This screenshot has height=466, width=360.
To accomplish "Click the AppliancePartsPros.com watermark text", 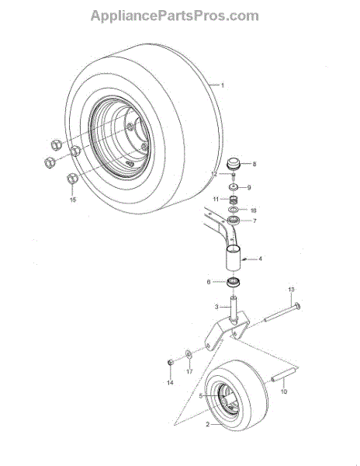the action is (x=175, y=16).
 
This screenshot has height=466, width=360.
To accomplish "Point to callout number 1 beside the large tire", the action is (x=223, y=85).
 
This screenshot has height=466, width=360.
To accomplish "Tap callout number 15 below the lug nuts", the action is (x=73, y=200).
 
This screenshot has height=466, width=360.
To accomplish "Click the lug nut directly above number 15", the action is (x=72, y=179).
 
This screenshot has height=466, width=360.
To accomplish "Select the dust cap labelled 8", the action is (x=234, y=163).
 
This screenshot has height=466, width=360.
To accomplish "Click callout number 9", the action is (x=249, y=187).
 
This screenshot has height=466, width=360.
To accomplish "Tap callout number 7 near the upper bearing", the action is (x=254, y=221).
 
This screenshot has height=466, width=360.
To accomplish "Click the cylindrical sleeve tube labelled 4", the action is (x=234, y=257).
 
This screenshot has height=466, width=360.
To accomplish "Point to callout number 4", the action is (x=260, y=259).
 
